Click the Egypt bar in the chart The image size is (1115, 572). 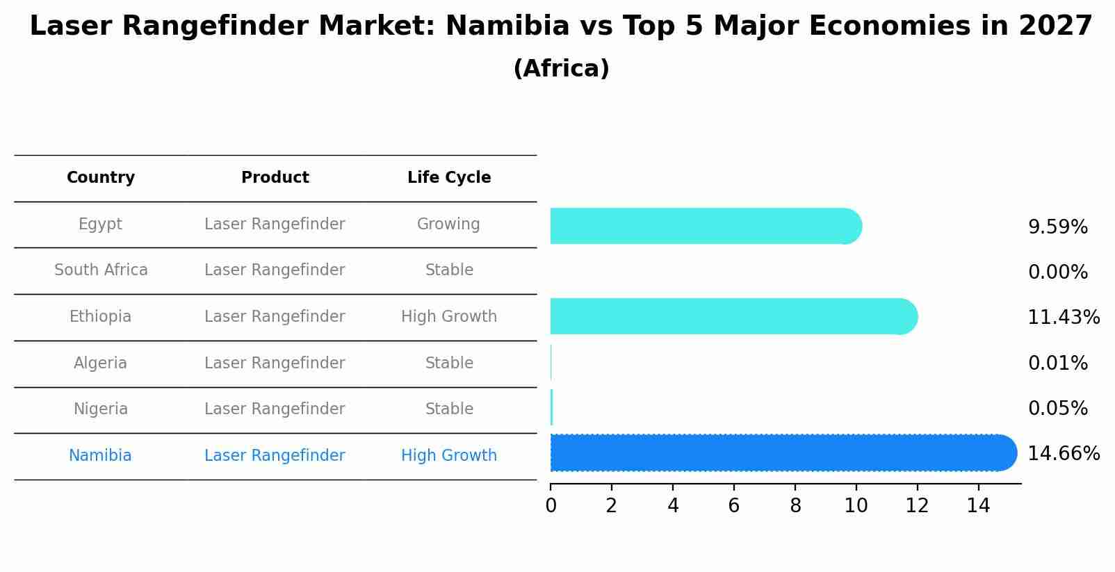click(x=702, y=226)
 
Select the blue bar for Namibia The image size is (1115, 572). click(x=779, y=453)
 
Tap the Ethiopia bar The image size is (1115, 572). click(x=730, y=316)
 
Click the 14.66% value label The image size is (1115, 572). click(x=1063, y=454)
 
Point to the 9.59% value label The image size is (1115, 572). click(x=1057, y=227)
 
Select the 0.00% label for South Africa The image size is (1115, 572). click(x=1057, y=272)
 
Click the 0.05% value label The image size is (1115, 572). click(x=1057, y=409)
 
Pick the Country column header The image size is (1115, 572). click(x=101, y=178)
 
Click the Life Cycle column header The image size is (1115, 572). click(x=449, y=178)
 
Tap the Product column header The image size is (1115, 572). click(x=275, y=178)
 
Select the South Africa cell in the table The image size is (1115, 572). click(x=101, y=270)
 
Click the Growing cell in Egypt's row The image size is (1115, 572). click(x=448, y=224)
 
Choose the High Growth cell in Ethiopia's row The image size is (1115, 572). click(x=448, y=317)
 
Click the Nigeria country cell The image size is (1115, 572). click(x=101, y=409)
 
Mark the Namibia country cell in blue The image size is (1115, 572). click(x=100, y=456)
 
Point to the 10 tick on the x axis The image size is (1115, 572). click(x=856, y=506)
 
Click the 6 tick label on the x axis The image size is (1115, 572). click(x=733, y=506)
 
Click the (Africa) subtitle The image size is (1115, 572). click(x=561, y=69)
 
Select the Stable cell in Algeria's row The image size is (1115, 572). click(x=449, y=363)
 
